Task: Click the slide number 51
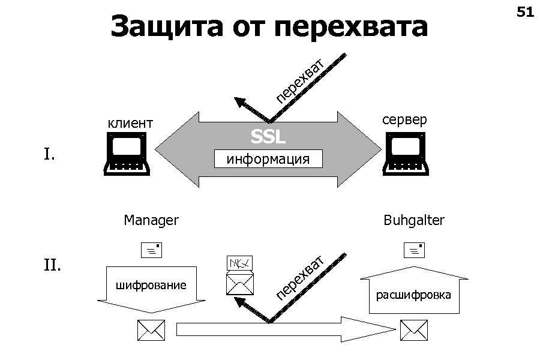pyautogui.click(x=525, y=12)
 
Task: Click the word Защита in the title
pyautogui.click(x=164, y=27)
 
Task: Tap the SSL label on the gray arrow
pyautogui.click(x=268, y=138)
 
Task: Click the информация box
pyautogui.click(x=268, y=159)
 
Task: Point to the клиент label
pyautogui.click(x=130, y=124)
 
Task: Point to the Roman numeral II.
pyautogui.click(x=52, y=264)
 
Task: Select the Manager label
pyautogui.click(x=151, y=220)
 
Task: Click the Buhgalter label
pyautogui.click(x=414, y=220)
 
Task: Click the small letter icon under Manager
pyautogui.click(x=151, y=250)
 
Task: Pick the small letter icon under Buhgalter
pyautogui.click(x=414, y=250)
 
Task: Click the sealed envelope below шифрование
pyautogui.click(x=151, y=330)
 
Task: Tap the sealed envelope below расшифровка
pyautogui.click(x=414, y=330)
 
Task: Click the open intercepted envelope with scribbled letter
pyautogui.click(x=240, y=276)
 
